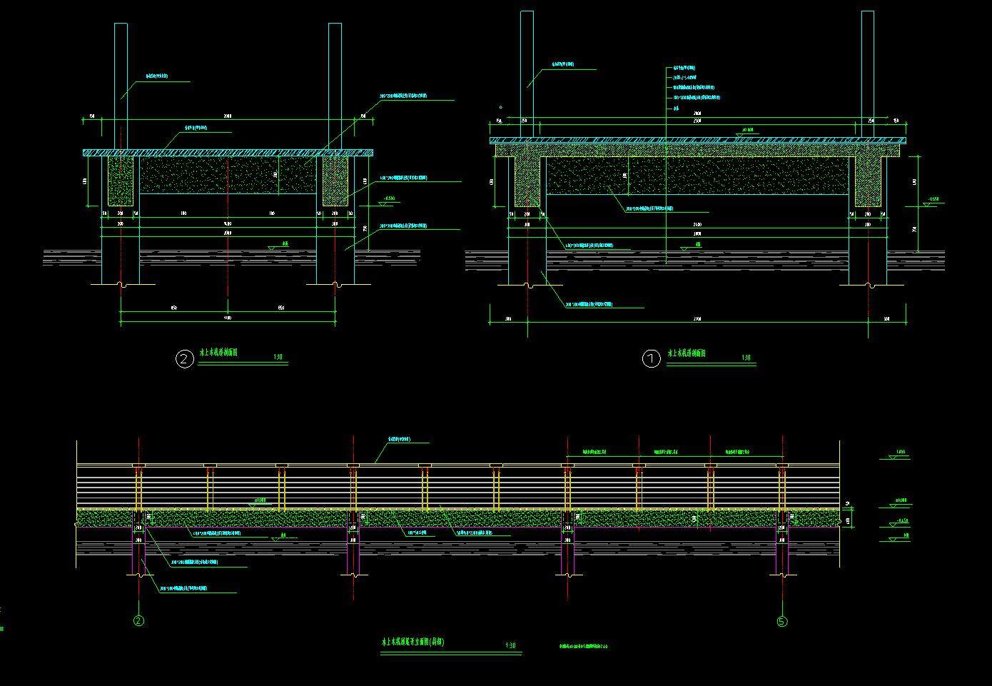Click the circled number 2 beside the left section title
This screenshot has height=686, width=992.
[184, 358]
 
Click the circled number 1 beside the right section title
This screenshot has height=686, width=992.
[652, 359]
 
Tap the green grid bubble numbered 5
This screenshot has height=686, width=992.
[782, 621]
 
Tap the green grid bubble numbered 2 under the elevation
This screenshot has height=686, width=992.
[138, 621]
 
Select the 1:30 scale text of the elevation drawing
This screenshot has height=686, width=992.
[510, 646]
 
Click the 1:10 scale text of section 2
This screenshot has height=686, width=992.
[278, 357]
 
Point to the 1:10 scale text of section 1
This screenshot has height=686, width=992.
[746, 358]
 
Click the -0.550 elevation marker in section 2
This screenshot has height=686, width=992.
[389, 198]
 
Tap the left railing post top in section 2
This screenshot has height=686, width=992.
[121, 25]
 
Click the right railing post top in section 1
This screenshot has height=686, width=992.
[868, 13]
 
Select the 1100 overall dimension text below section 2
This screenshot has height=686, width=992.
[228, 317]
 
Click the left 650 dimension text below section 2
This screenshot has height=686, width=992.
[173, 308]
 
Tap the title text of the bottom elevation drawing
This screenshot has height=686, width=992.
[413, 642]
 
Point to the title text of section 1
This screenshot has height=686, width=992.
[687, 353]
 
